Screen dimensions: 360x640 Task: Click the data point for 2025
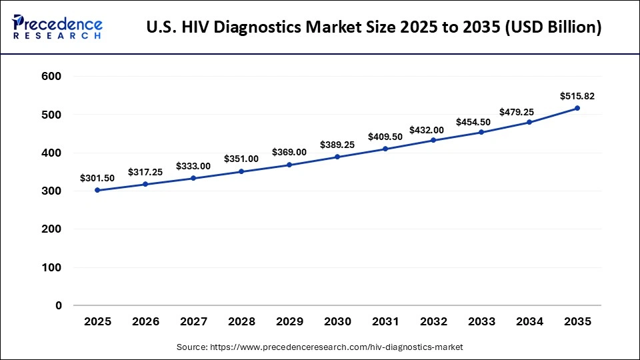pyautogui.click(x=97, y=190)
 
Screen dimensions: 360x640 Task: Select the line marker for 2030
pyautogui.click(x=337, y=157)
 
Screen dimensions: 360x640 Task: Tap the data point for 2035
pyautogui.click(x=577, y=108)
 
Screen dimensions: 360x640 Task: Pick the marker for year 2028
pyautogui.click(x=241, y=171)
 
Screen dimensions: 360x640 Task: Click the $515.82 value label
pyautogui.click(x=577, y=96)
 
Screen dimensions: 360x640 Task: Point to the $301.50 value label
pyautogui.click(x=97, y=178)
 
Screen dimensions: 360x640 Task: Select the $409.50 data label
pyautogui.click(x=385, y=137)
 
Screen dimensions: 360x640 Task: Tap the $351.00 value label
pyautogui.click(x=241, y=159)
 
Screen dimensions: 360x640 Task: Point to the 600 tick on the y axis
pyautogui.click(x=51, y=77)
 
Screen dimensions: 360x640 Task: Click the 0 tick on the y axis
pyautogui.click(x=59, y=306)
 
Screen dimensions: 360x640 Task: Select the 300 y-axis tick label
pyautogui.click(x=51, y=191)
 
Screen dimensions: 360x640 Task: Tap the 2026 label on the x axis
pyautogui.click(x=145, y=321)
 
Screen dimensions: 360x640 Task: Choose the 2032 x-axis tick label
pyautogui.click(x=433, y=321)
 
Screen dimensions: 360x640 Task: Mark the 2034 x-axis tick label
pyautogui.click(x=529, y=321)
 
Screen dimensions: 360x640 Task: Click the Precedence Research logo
pyautogui.click(x=57, y=27)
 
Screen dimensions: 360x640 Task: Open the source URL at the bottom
pyautogui.click(x=337, y=347)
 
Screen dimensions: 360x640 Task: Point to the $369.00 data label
pyautogui.click(x=289, y=152)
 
